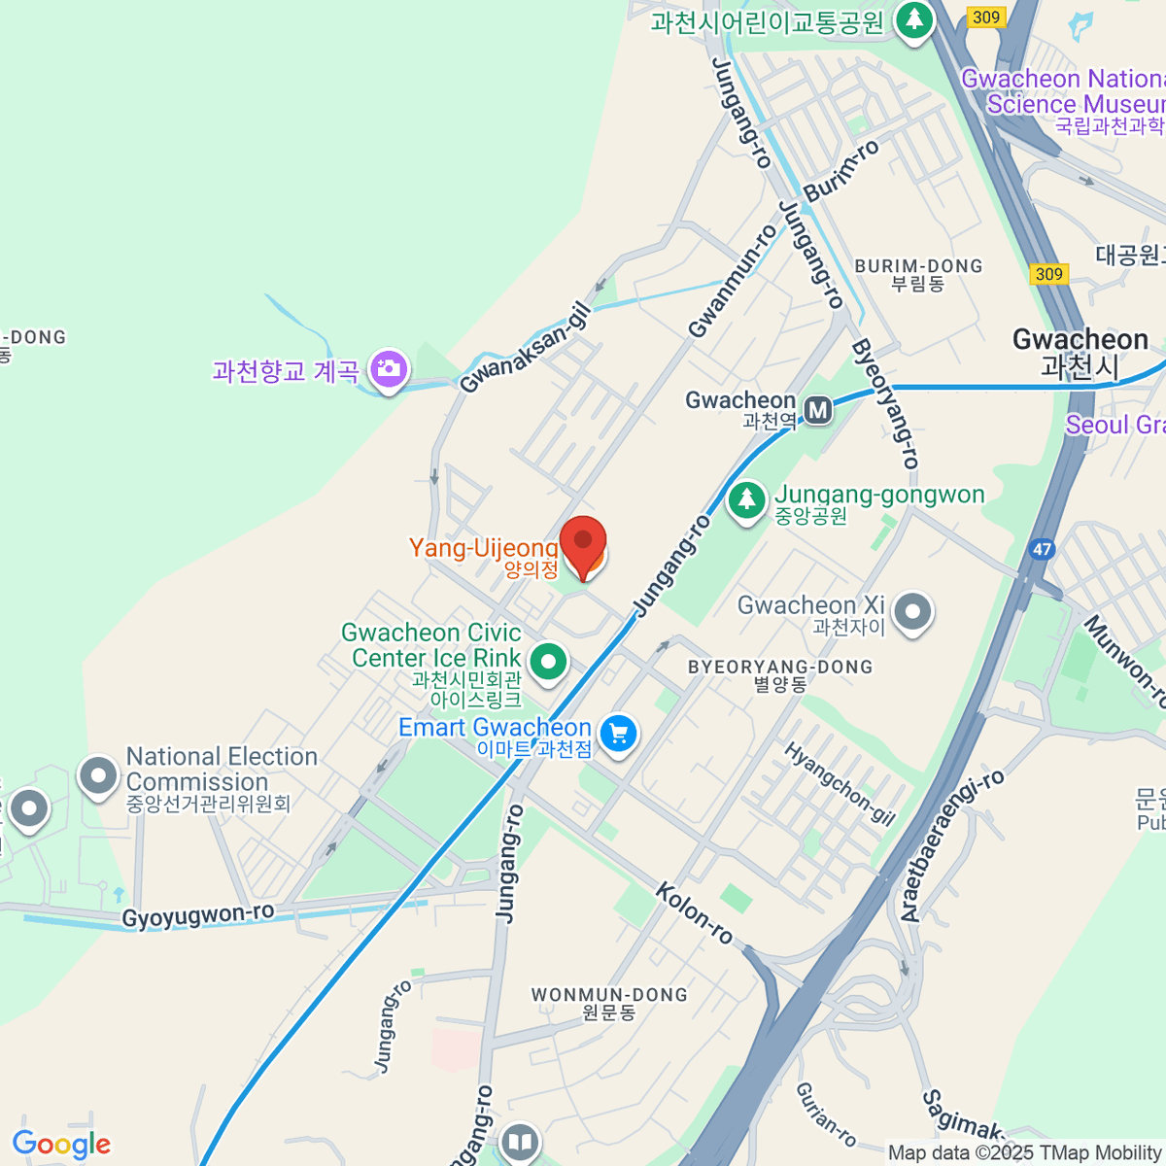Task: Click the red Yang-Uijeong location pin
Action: (583, 543)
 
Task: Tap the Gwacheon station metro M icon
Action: (818, 410)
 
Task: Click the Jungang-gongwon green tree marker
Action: (746, 500)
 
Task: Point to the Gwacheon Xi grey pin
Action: (912, 612)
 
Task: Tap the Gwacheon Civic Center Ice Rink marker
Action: (548, 663)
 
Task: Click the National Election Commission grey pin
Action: (97, 776)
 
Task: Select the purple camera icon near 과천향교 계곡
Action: (389, 369)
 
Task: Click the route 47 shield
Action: (1042, 549)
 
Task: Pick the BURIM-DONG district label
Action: (918, 266)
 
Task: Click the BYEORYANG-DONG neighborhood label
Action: (780, 668)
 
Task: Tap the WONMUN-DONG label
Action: (609, 995)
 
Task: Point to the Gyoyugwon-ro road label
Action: (197, 916)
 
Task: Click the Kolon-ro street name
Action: (695, 912)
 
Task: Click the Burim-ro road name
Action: (841, 170)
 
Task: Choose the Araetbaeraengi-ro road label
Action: (952, 846)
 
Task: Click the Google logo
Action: (61, 1145)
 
